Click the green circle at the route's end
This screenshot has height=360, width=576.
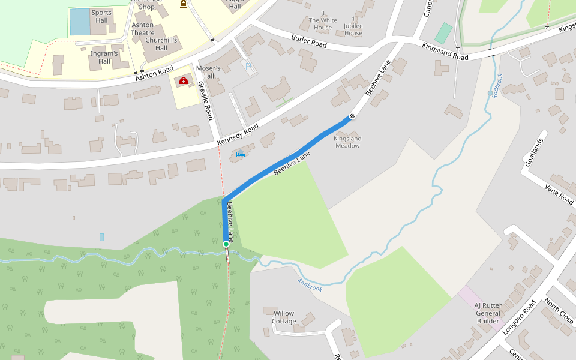(226, 244)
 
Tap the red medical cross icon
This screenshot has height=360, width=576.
(183, 80)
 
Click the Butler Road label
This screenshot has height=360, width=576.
(309, 41)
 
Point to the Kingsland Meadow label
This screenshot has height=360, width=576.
(348, 142)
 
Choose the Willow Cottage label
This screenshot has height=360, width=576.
(284, 317)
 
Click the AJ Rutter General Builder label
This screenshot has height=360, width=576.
(488, 313)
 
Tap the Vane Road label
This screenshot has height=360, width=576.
(559, 194)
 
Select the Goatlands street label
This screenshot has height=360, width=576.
(533, 152)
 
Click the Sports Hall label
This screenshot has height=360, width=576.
(101, 17)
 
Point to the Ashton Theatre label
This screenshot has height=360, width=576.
(143, 29)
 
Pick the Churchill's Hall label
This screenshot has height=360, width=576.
(161, 44)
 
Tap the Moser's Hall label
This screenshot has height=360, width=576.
(208, 72)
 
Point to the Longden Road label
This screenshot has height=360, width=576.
(518, 317)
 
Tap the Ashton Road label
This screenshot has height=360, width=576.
(154, 73)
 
